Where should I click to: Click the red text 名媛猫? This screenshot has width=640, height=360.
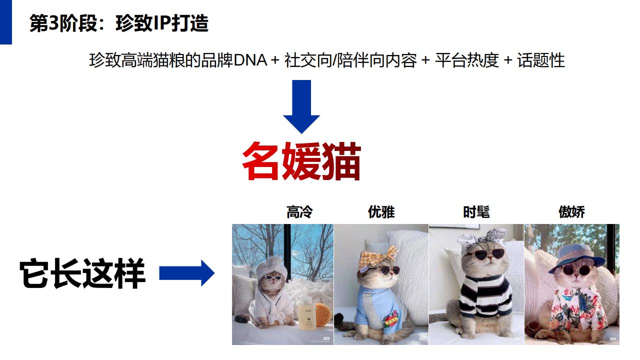pyautogui.click(x=301, y=161)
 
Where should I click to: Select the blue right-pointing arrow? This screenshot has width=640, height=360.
pyautogui.click(x=186, y=273)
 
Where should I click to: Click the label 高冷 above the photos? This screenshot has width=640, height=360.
pyautogui.click(x=299, y=212)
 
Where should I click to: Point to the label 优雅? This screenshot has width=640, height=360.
pyautogui.click(x=381, y=212)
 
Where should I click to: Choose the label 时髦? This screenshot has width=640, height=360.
pyautogui.click(x=476, y=212)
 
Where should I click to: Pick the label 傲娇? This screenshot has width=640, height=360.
pyautogui.click(x=571, y=212)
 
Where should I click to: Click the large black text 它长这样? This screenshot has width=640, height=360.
pyautogui.click(x=82, y=274)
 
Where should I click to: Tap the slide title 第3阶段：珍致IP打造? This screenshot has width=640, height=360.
pyautogui.click(x=119, y=23)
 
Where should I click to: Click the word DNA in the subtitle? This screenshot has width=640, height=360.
pyautogui.click(x=250, y=60)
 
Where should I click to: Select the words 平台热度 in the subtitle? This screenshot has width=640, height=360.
pyautogui.click(x=467, y=60)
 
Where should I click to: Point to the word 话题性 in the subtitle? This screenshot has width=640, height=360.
pyautogui.click(x=541, y=60)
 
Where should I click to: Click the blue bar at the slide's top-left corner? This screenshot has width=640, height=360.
pyautogui.click(x=5, y=22)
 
